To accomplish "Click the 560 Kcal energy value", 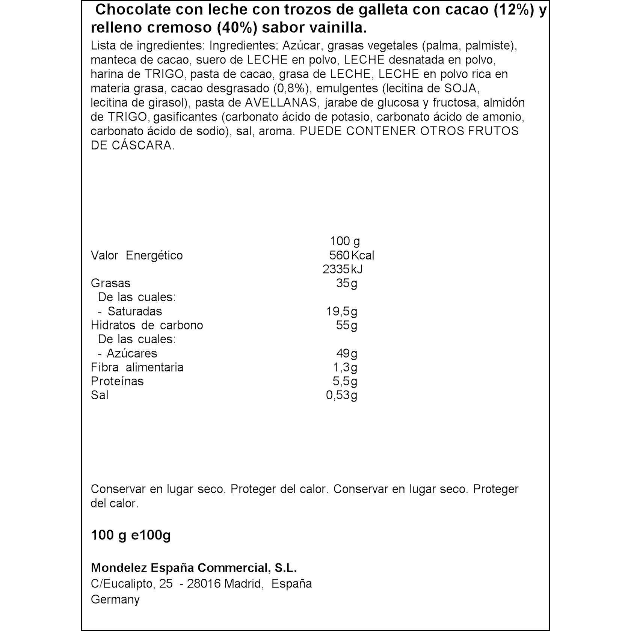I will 352,255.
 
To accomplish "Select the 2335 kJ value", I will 343,269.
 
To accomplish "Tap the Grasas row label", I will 111,283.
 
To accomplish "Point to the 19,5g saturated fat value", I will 342,311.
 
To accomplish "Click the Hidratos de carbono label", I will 147,325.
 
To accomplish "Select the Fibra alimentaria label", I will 137,367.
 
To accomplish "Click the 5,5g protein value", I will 345,381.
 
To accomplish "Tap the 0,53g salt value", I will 342,395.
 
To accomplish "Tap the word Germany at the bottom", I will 115,599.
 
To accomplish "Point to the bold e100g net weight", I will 151,535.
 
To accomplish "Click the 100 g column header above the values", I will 345,241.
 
